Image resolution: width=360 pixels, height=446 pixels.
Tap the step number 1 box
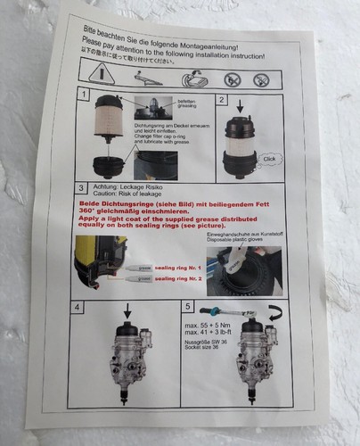click(83, 94)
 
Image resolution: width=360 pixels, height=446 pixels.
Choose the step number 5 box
click(184, 305)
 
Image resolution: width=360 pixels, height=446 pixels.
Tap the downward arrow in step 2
click(241, 106)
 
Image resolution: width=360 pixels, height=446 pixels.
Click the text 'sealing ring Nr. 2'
click(179, 278)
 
